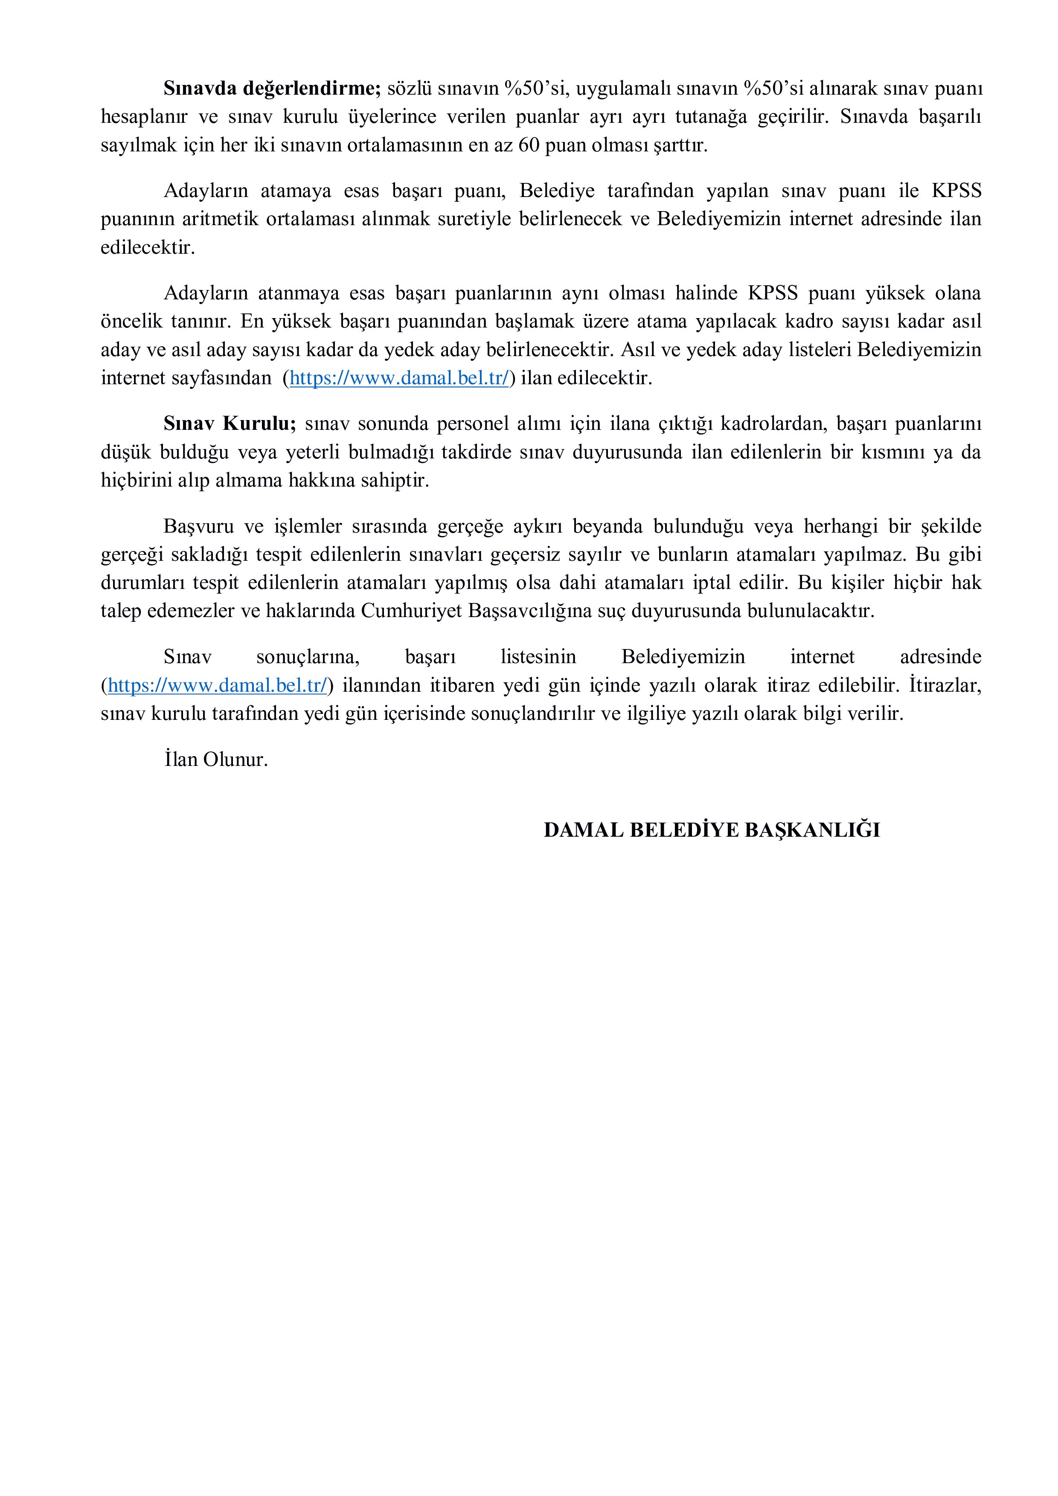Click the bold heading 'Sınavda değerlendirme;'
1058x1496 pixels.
pyautogui.click(x=271, y=88)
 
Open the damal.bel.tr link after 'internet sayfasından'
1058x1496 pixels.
pyautogui.click(x=398, y=378)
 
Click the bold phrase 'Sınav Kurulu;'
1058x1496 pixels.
pyautogui.click(x=230, y=423)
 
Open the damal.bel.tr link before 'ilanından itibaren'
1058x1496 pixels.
pyautogui.click(x=217, y=685)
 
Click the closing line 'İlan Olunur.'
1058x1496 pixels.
pyautogui.click(x=216, y=760)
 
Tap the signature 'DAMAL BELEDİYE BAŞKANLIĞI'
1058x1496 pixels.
pyautogui.click(x=712, y=830)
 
